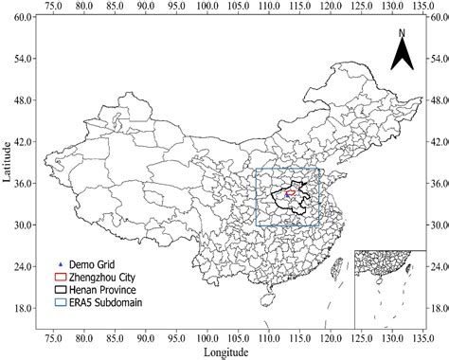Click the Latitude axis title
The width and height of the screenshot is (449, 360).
point(8,161)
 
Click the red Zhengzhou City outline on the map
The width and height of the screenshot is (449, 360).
point(290,195)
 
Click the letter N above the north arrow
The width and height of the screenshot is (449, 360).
point(402,34)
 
